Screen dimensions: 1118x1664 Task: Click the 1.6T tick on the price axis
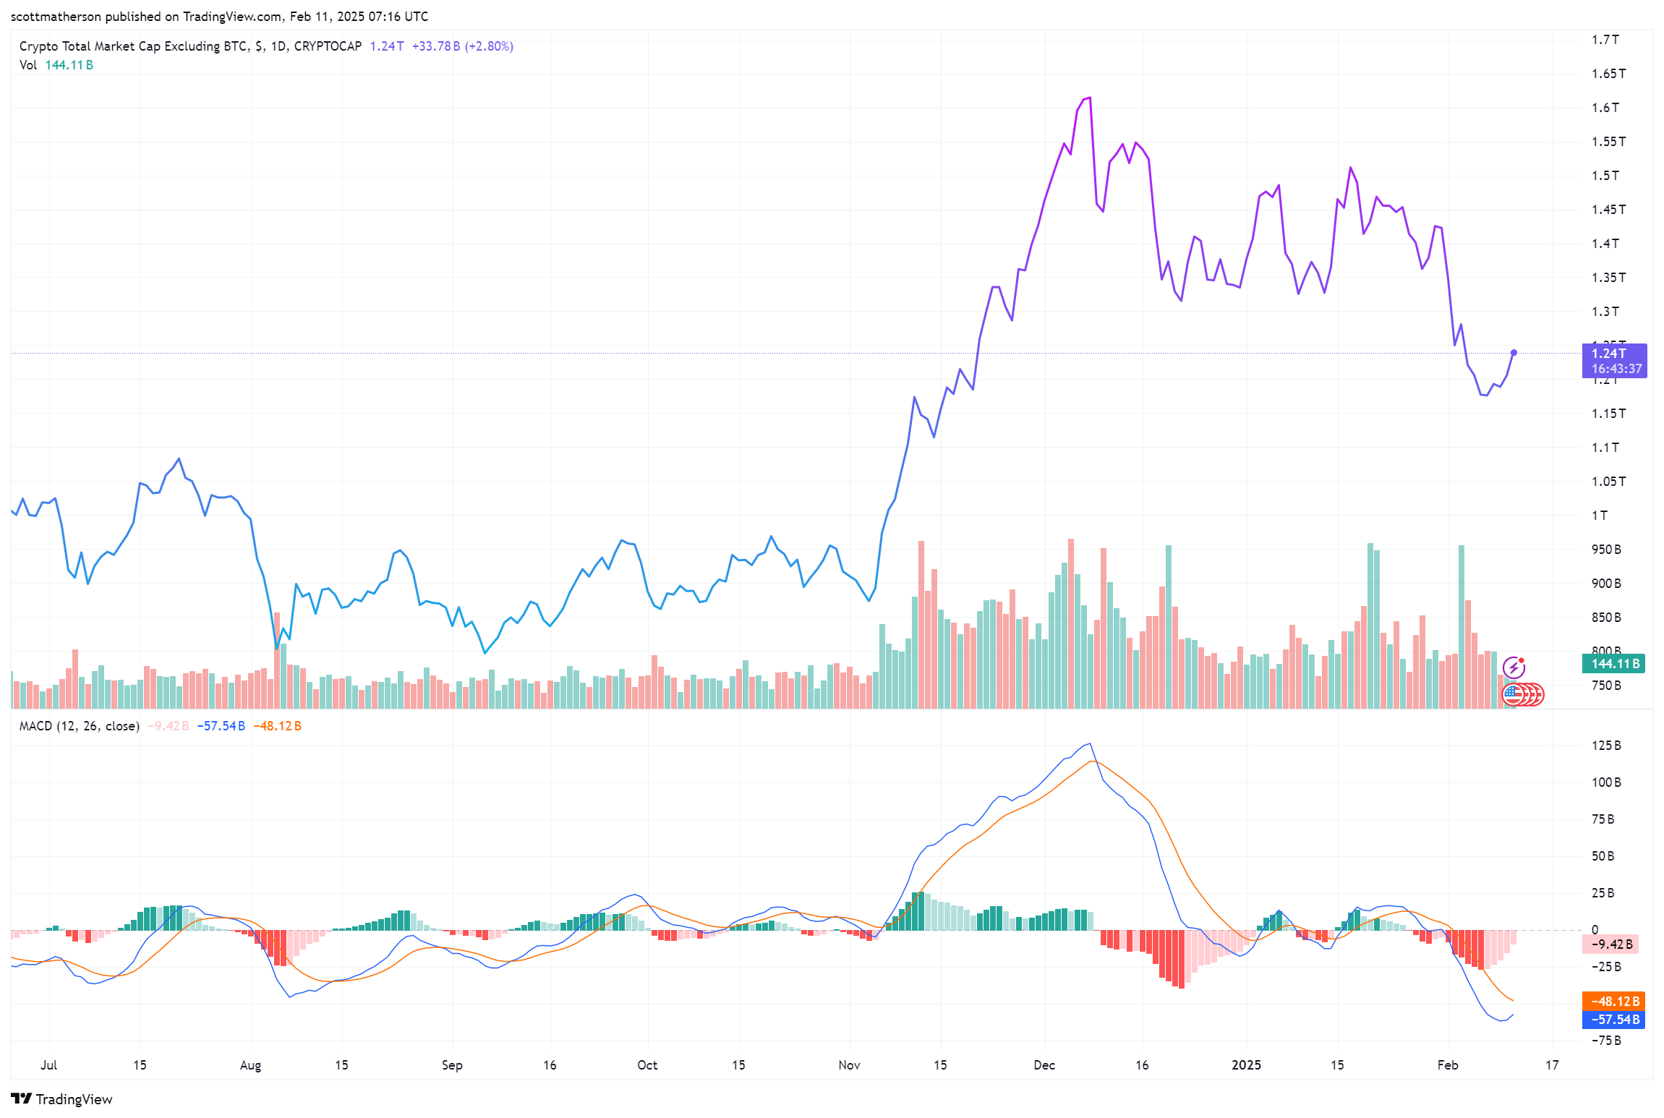click(1605, 108)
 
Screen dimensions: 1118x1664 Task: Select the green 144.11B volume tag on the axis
click(1613, 663)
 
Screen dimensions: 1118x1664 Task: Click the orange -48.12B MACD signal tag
click(1613, 1001)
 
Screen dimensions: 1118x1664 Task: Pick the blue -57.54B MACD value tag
click(1613, 1020)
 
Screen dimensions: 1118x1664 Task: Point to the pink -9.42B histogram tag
click(1610, 944)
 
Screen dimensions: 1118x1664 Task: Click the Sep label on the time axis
click(452, 1065)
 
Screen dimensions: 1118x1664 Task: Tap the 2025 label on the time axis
click(1246, 1065)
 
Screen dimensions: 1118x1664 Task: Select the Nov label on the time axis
click(849, 1065)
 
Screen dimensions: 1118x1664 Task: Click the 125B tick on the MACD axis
click(1606, 746)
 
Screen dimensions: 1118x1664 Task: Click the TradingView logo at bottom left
click(61, 1099)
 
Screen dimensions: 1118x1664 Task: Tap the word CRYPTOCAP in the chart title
click(328, 46)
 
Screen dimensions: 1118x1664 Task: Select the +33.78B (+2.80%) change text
click(462, 46)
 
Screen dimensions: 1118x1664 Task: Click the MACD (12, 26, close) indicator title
click(79, 726)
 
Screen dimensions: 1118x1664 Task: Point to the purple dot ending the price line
click(1514, 353)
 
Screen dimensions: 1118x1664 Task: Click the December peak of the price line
click(1089, 98)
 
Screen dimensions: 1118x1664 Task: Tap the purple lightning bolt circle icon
click(1514, 667)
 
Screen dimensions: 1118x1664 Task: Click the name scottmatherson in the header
click(56, 17)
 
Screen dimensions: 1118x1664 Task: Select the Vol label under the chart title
click(27, 65)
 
